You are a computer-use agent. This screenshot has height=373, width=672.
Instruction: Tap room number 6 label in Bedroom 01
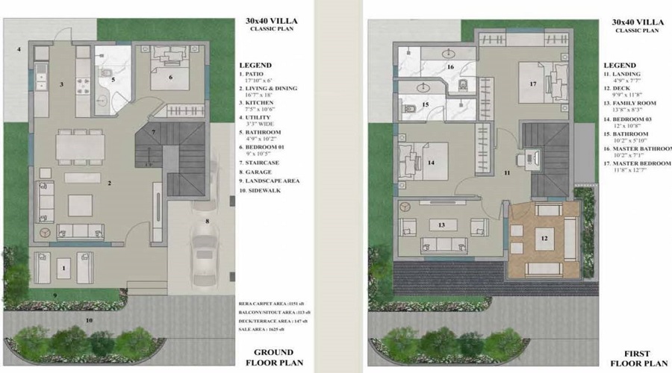(170, 77)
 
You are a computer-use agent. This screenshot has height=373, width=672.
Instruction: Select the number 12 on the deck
(545, 239)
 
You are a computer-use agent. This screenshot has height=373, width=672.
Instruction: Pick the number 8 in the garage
(208, 222)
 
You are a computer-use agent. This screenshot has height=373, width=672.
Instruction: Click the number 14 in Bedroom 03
(432, 162)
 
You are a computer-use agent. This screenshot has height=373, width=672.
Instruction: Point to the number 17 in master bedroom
(533, 84)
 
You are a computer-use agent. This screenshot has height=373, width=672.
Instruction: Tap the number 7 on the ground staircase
(153, 133)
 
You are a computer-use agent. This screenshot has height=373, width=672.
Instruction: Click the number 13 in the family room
(441, 224)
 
